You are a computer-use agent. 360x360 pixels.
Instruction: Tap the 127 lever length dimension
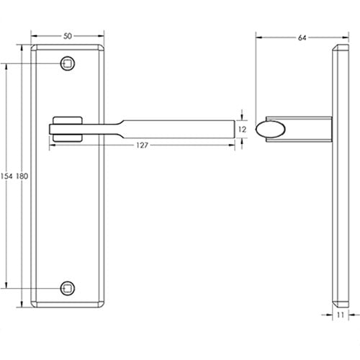pyautogui.click(x=141, y=145)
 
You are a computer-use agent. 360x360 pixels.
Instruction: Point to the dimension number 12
pyautogui.click(x=242, y=129)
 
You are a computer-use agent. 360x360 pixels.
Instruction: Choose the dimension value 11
pyautogui.click(x=340, y=315)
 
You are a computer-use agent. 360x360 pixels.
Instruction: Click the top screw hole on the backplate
pyautogui.click(x=67, y=64)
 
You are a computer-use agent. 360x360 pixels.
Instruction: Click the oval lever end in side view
pyautogui.click(x=274, y=129)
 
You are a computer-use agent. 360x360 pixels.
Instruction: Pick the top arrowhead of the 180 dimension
pyautogui.click(x=22, y=47)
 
